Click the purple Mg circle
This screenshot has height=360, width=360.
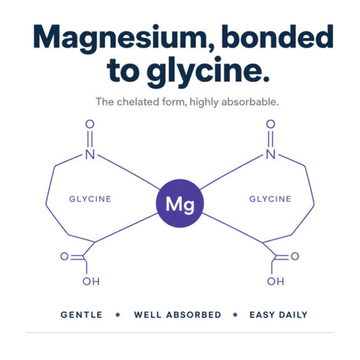click(179, 203)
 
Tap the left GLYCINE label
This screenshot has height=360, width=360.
click(90, 199)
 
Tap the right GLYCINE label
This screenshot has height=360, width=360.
click(270, 199)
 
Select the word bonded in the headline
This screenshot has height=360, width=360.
click(277, 37)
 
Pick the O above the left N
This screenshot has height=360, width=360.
click(90, 124)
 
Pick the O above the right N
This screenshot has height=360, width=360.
click(271, 124)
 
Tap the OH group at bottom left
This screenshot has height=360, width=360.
click(91, 286)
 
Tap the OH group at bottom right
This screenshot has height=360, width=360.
click(276, 286)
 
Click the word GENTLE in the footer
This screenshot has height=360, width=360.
click(82, 315)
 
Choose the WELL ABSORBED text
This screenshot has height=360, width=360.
click(178, 315)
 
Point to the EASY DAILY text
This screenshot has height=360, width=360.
click(278, 315)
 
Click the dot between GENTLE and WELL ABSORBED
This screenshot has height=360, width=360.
click(118, 315)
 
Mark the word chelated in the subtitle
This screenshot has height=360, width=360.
click(138, 102)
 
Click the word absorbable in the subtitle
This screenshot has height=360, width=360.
click(250, 102)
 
